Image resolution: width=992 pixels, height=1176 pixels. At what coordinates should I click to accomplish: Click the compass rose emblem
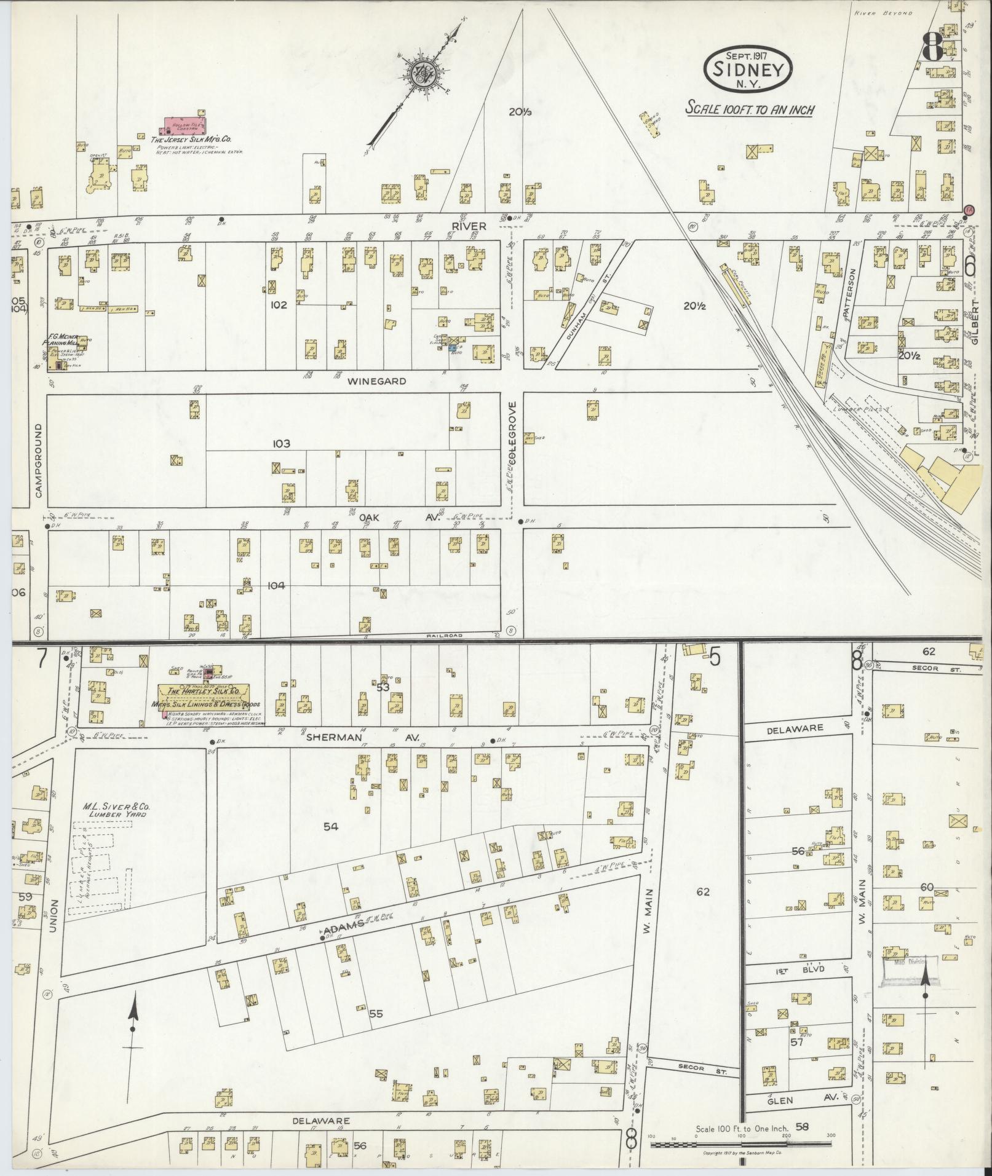coord(423,74)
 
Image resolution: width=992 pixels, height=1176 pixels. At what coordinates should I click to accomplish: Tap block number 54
coord(331,827)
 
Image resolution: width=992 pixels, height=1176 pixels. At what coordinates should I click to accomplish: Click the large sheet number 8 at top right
coord(933,46)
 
